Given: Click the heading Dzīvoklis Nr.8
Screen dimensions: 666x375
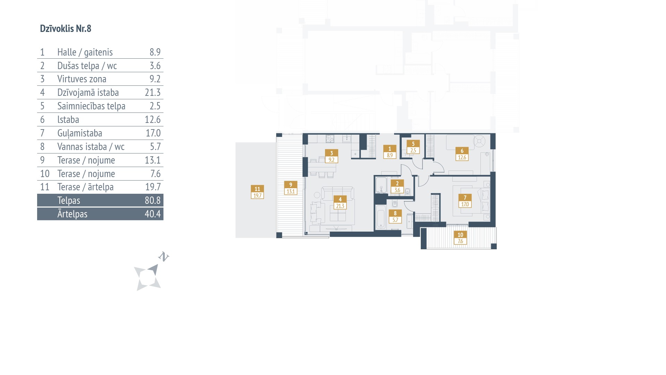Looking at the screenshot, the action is [66, 28].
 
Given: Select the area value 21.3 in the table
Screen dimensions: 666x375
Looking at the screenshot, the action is [153, 92].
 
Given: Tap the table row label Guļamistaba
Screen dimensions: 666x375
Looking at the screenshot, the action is [80, 133].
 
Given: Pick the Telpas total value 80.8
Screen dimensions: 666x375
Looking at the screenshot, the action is [153, 200].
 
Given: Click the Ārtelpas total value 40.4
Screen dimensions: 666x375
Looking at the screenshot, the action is [153, 214].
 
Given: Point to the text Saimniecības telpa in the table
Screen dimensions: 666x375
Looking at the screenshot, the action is [91, 106].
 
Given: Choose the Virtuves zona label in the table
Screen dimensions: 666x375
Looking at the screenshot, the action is [82, 79].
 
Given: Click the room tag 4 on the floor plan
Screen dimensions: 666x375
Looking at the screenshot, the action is [340, 203].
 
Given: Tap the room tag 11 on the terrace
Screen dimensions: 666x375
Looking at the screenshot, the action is [257, 192].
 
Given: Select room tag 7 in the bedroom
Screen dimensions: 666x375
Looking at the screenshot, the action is [465, 201].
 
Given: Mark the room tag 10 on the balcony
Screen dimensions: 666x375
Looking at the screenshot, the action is [460, 238].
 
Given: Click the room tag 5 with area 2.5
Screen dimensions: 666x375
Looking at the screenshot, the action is [413, 147].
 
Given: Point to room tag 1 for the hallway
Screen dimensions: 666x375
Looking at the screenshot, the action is [390, 152].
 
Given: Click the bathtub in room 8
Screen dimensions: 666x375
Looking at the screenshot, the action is [381, 217].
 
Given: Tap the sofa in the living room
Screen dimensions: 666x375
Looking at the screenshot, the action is [338, 193].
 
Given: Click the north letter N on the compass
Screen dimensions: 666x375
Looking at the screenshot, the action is [164, 257].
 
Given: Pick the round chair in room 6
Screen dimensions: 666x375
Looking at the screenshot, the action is [480, 141].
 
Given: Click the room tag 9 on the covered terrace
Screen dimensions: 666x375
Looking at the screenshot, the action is [291, 188].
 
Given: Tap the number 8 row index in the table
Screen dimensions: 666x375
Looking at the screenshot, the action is [42, 147].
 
